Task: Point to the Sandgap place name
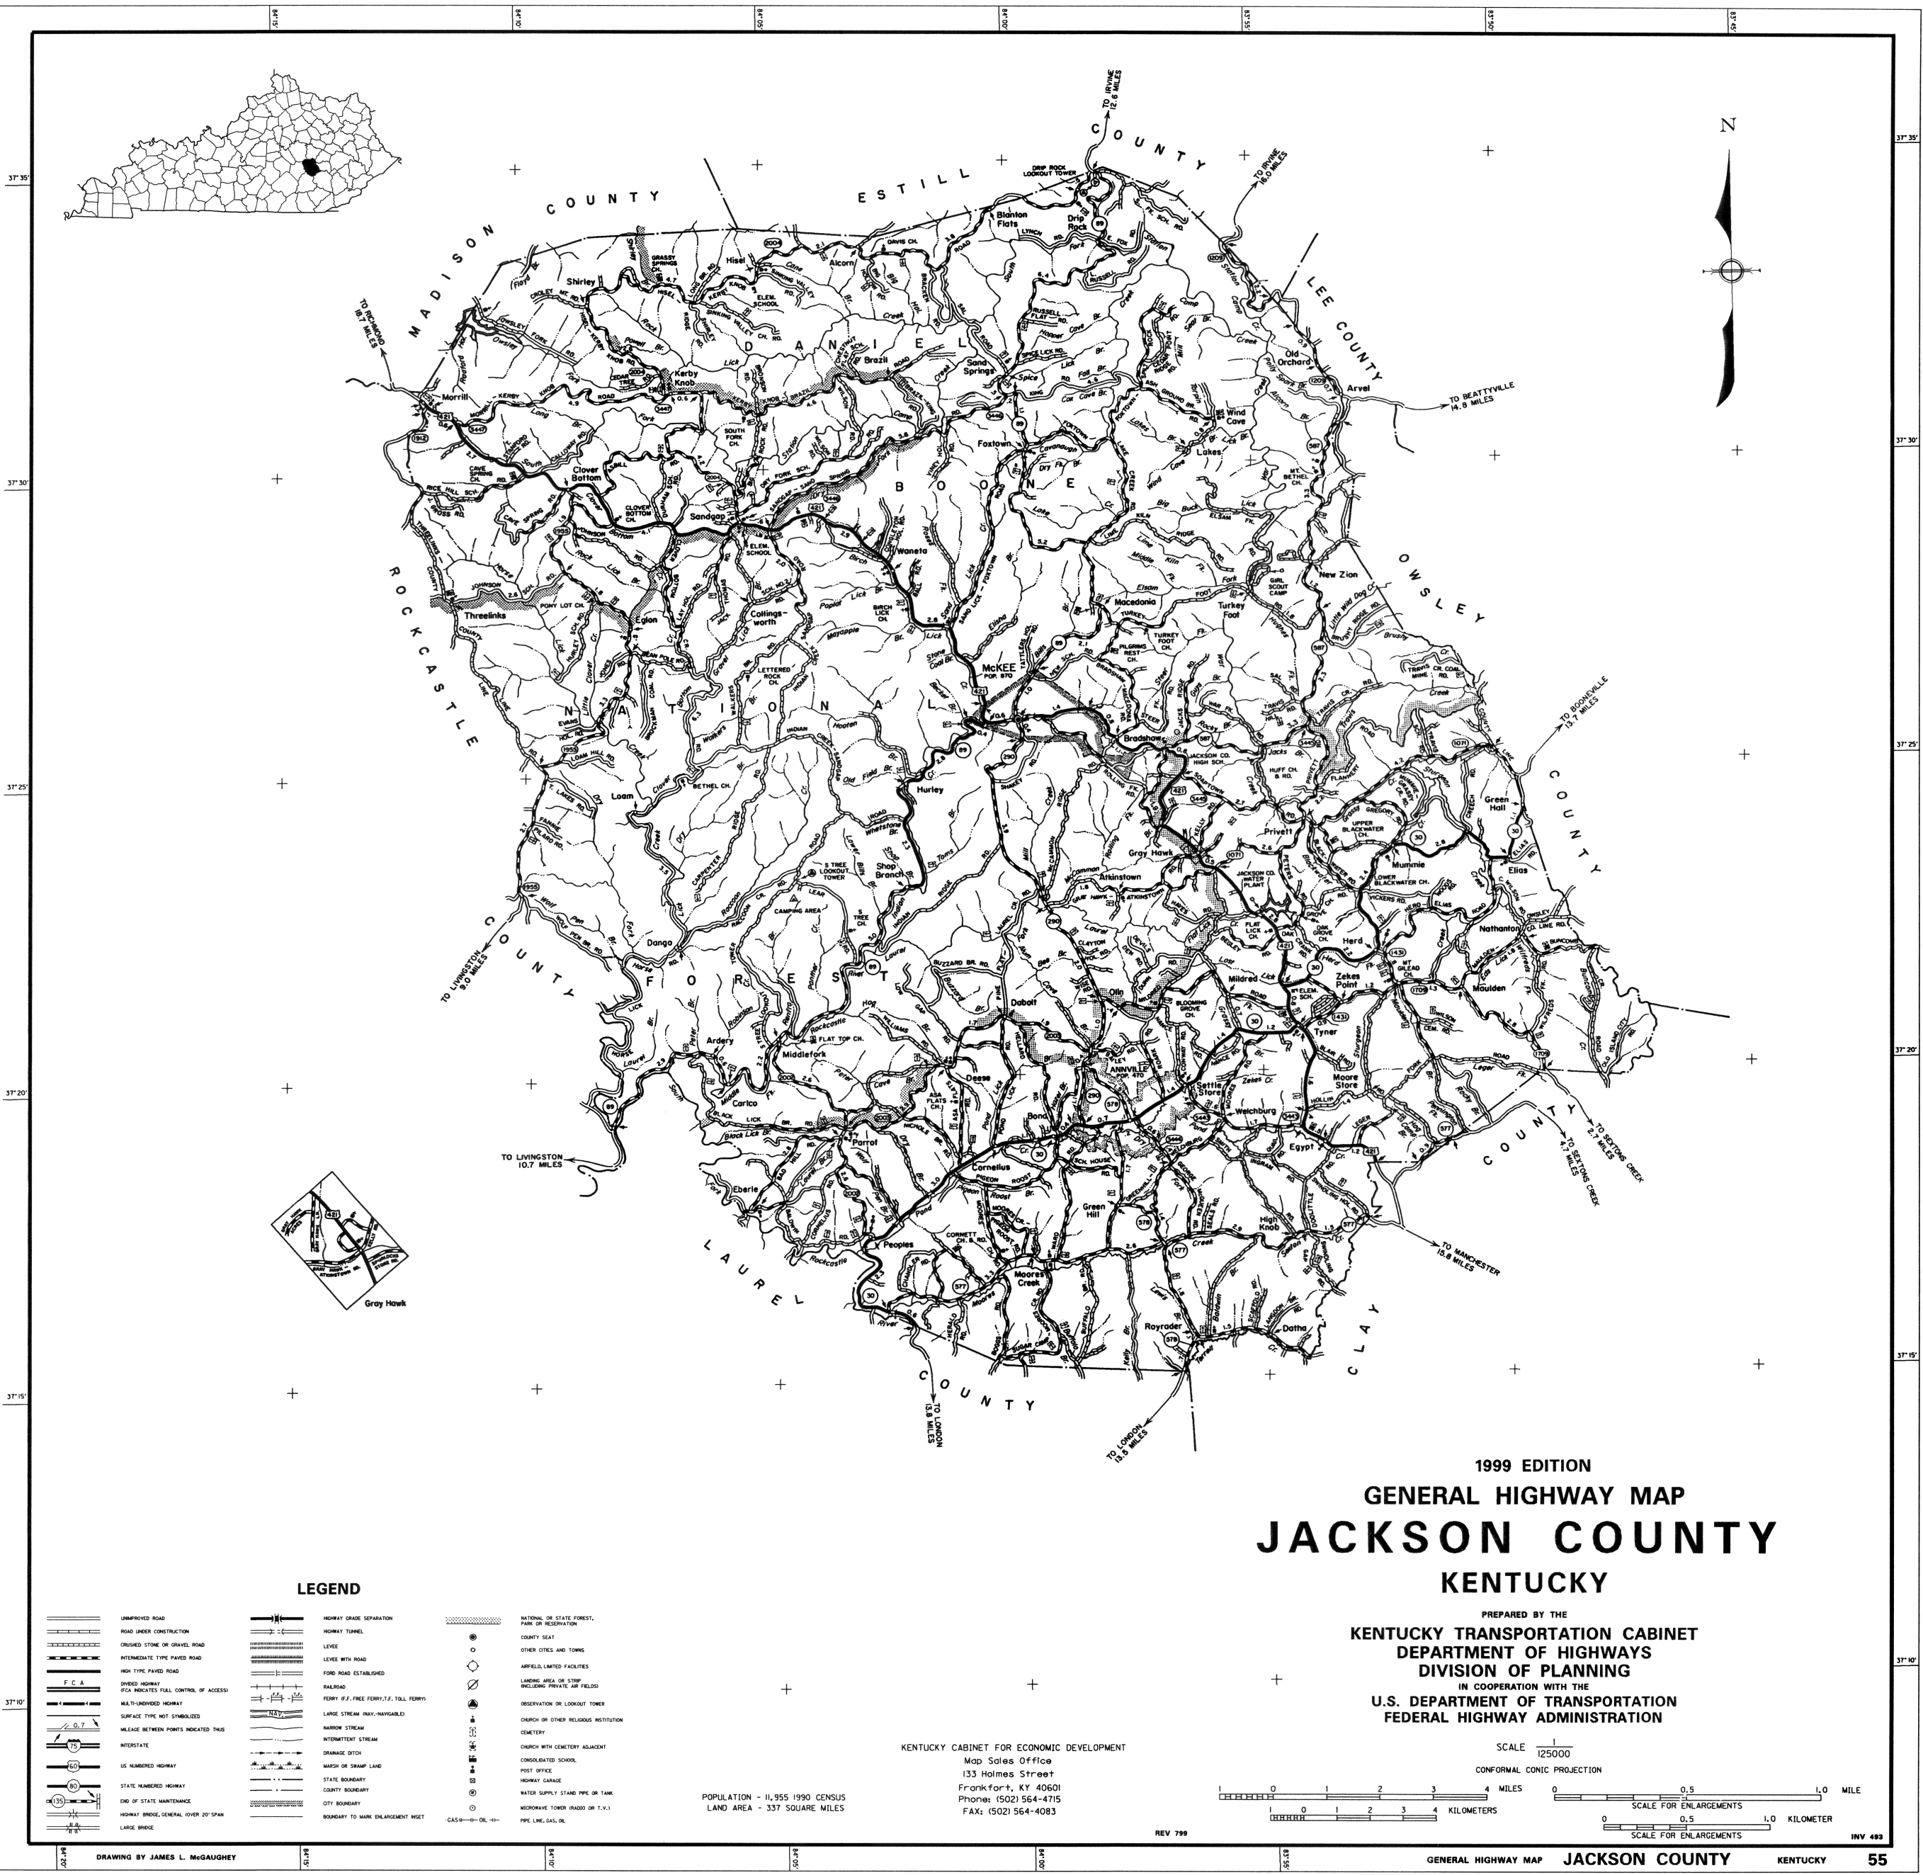click(707, 516)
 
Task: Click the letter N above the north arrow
click(1727, 125)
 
